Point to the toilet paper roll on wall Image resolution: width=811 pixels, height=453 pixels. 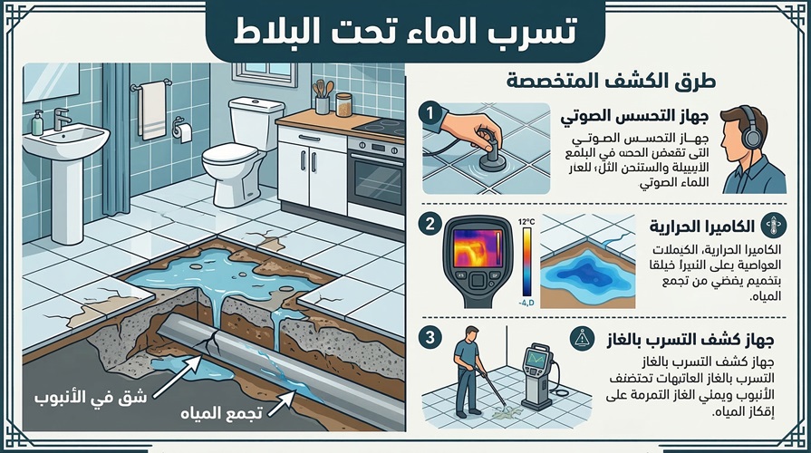click(x=185, y=132)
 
